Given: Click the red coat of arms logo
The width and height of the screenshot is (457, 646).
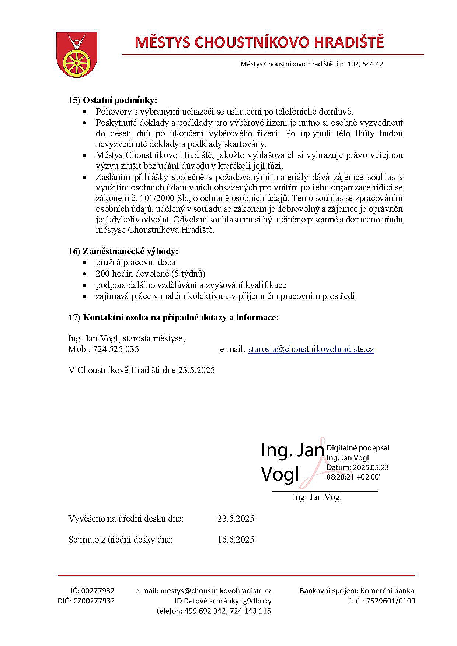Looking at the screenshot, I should point(76,54).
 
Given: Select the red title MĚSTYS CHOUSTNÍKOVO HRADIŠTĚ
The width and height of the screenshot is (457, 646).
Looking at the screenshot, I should point(259,42).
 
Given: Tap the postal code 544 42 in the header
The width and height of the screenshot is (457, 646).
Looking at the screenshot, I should point(373,64).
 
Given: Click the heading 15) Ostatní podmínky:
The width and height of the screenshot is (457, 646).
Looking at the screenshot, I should point(112,100).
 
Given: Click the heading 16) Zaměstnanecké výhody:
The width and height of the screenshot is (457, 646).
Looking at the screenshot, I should point(123,251).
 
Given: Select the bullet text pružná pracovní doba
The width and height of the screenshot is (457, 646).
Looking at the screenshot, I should point(135,262).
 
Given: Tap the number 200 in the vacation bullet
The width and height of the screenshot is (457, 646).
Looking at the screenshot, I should point(102,274).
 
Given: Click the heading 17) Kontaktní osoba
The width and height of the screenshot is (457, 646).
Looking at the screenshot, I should point(173,317).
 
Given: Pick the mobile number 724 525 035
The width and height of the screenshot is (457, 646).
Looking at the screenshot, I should point(116,349).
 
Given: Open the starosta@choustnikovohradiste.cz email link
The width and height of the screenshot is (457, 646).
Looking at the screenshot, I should point(311,349).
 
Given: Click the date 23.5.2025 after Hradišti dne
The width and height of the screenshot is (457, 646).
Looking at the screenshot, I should point(196,370).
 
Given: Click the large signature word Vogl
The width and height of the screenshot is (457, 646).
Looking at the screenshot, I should point(280,474).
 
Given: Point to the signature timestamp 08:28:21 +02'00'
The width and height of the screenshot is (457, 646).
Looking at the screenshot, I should point(353,477).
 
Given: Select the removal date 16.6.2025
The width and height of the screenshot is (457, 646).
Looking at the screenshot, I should point(236,540).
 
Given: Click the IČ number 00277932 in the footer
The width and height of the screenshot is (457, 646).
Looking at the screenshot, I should point(98,591).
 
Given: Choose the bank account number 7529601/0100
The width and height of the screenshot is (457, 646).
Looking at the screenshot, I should point(386,601).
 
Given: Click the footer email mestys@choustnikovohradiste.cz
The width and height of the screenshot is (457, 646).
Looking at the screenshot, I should point(216,591).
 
